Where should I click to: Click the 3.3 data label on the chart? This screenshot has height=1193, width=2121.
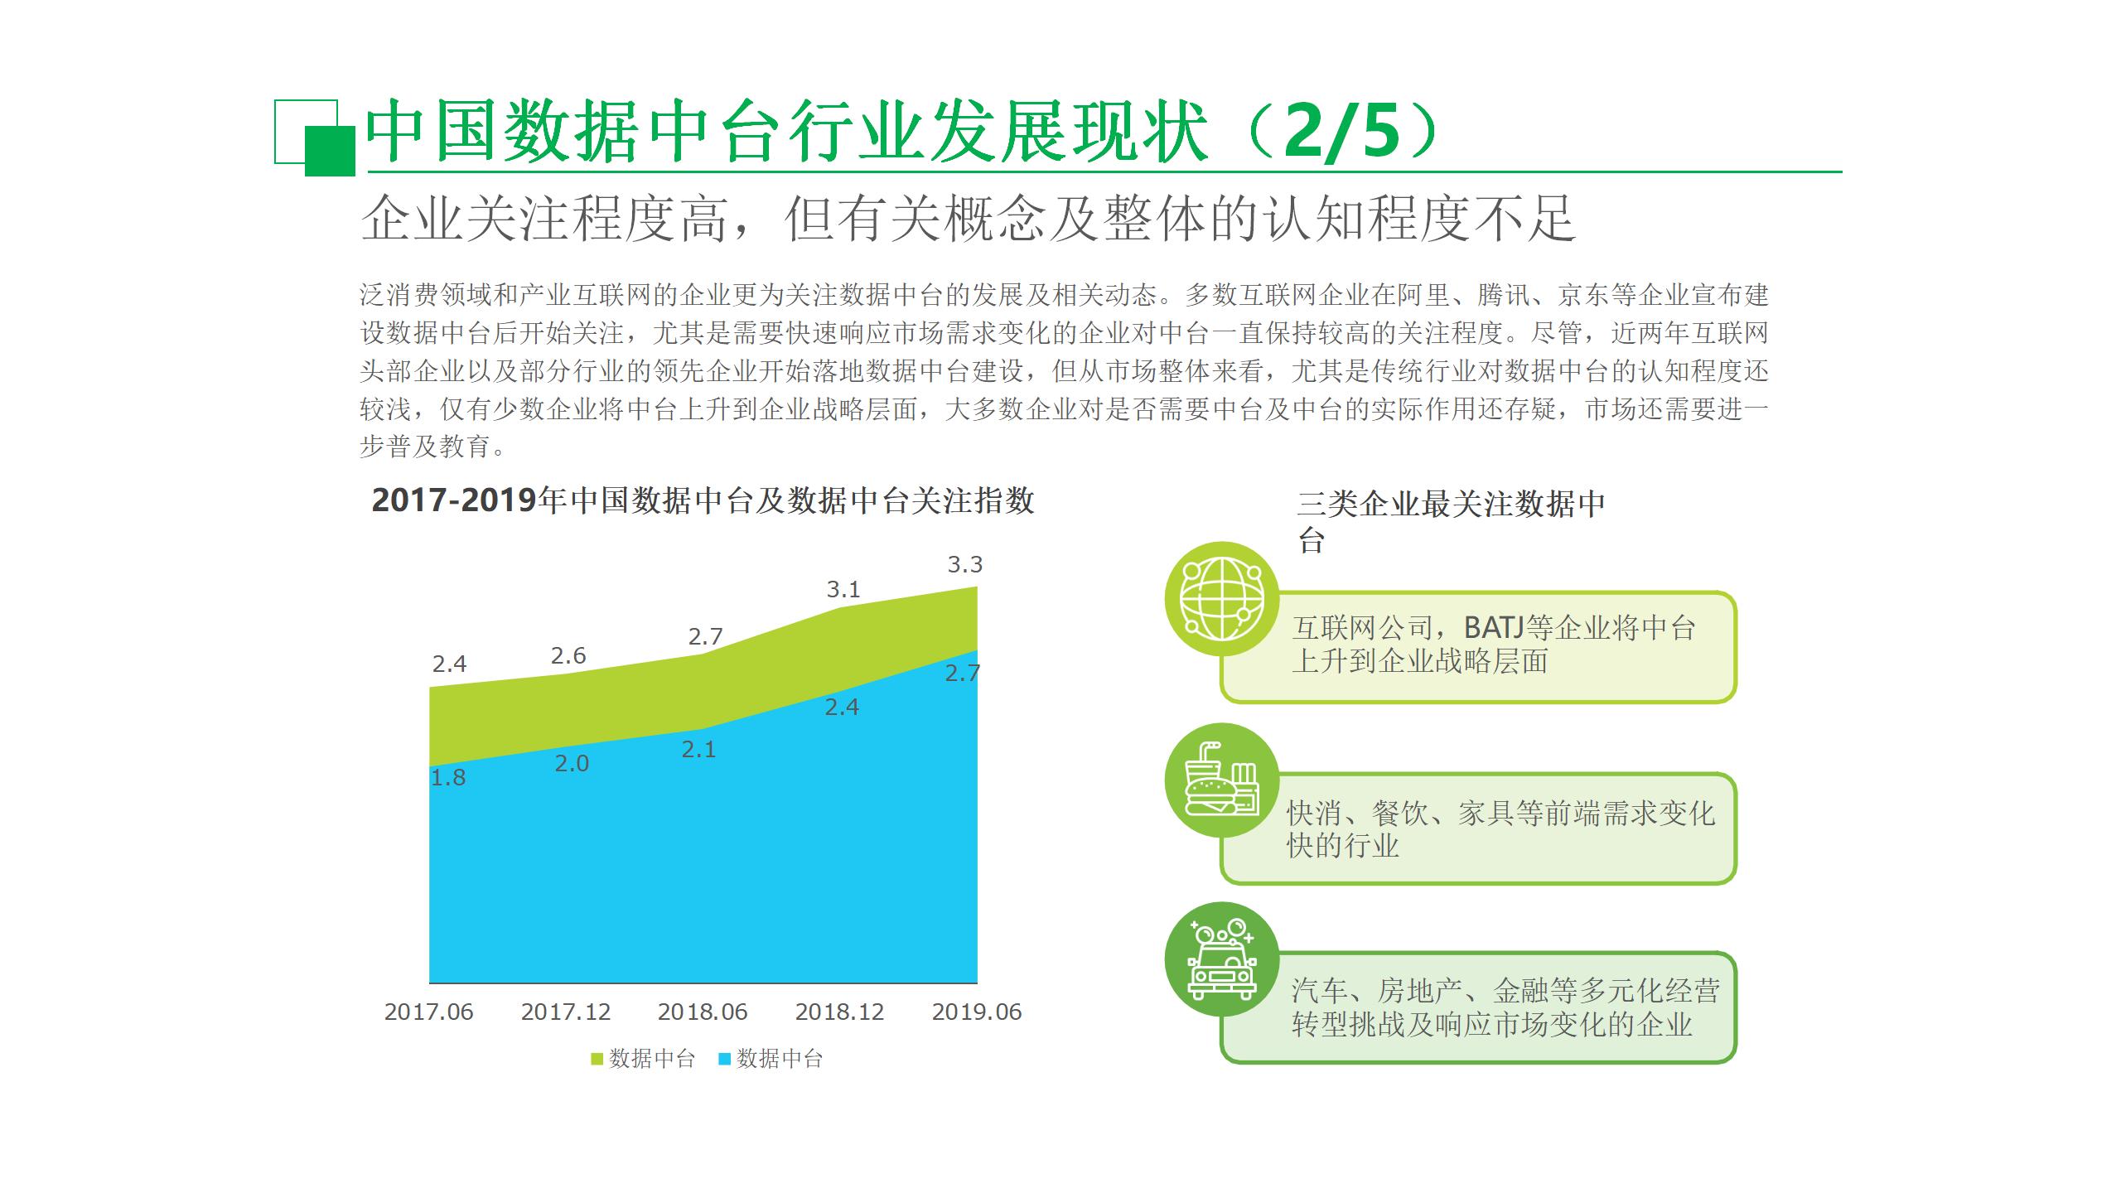(964, 565)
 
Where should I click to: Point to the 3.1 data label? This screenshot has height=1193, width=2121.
(843, 590)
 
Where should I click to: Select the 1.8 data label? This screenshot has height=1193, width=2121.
(448, 778)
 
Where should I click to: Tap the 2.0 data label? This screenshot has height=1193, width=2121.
(572, 764)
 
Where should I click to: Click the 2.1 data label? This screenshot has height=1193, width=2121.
(698, 750)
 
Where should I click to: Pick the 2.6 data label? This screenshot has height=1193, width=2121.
(568, 656)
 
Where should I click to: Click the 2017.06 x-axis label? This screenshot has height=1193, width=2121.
(428, 1012)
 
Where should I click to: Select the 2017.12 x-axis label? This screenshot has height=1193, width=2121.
(565, 1012)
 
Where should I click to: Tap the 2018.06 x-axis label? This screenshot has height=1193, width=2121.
(703, 1012)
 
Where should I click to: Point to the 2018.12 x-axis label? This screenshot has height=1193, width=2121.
(839, 1012)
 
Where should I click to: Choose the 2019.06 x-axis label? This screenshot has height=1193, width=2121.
(977, 1012)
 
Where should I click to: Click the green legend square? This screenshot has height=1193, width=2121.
(597, 1059)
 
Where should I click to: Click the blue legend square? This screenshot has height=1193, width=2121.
(724, 1059)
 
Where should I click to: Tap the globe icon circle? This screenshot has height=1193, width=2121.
(1222, 599)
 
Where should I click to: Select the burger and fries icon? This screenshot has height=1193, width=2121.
(1222, 779)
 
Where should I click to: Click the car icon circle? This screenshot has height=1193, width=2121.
(1222, 959)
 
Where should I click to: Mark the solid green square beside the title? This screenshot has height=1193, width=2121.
(330, 152)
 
